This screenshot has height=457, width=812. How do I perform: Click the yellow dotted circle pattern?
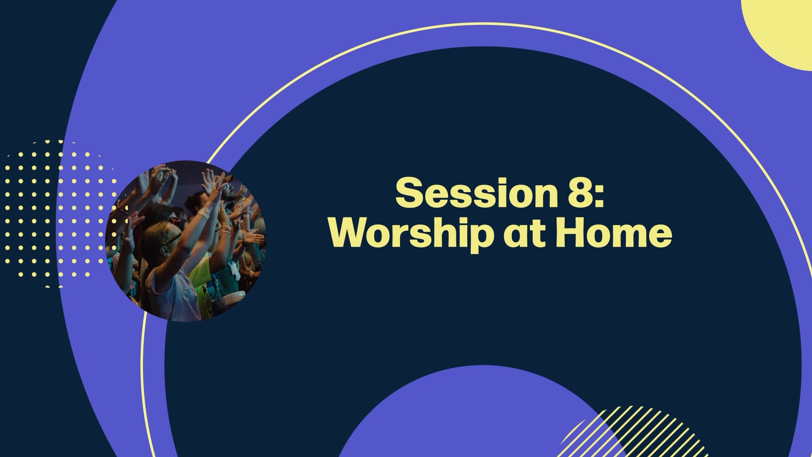tap(59, 214)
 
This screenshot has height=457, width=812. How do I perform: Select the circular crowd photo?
tap(186, 241)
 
